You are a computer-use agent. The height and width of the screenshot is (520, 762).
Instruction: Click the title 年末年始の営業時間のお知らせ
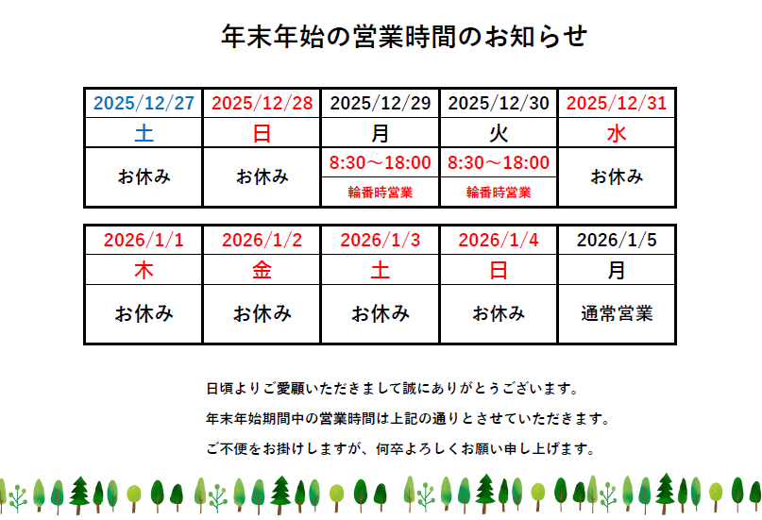pos(404,37)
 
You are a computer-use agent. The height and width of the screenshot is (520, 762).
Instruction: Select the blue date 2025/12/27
pos(144,103)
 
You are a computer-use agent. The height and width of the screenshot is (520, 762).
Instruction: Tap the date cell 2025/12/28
pos(262,103)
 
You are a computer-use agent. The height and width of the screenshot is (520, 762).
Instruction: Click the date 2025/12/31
pos(617,103)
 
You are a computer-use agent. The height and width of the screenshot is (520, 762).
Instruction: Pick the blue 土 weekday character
pos(144,132)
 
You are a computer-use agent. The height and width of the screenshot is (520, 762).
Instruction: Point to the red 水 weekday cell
pos(617,132)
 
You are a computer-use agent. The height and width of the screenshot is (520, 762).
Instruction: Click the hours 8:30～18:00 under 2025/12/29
pos(380,162)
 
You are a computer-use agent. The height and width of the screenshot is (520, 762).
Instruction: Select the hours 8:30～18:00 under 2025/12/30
pos(499,162)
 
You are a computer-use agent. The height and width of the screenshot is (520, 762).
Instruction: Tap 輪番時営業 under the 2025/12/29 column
pos(380,193)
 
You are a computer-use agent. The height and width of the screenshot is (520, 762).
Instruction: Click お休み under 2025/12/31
pos(617,176)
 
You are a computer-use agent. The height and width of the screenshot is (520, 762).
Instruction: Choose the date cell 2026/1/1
pos(144,240)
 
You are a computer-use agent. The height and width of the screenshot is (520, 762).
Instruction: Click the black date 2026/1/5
pos(617,240)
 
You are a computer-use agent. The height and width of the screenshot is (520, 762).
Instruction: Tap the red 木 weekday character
pos(144,270)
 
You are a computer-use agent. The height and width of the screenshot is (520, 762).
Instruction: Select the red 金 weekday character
pos(262,270)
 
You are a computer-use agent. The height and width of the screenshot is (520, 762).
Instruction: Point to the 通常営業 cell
pos(617,313)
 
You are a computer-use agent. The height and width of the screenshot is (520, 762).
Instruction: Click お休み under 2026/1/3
pos(380,313)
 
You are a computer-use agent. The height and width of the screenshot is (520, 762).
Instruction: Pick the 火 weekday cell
pos(499,132)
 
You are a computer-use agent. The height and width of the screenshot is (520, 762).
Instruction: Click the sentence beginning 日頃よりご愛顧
pos(392,389)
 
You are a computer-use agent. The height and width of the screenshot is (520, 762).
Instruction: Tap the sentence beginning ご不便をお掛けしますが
pos(400,448)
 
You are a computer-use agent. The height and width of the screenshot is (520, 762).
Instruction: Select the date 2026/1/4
pos(499,240)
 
